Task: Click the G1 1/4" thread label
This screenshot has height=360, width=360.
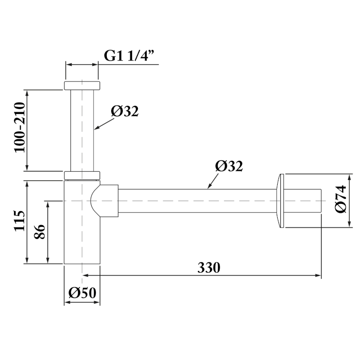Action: point(129,55)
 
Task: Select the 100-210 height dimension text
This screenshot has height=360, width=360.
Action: point(20,128)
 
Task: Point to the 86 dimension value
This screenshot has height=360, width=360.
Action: point(40,232)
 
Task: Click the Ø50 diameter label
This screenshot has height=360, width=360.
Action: point(82,293)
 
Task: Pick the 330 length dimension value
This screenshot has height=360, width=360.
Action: point(209,267)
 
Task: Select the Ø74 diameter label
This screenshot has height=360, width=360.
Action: point(340,199)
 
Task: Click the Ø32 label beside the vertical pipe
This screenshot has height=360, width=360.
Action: point(125,111)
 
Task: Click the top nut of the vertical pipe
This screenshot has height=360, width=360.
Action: point(82,85)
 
